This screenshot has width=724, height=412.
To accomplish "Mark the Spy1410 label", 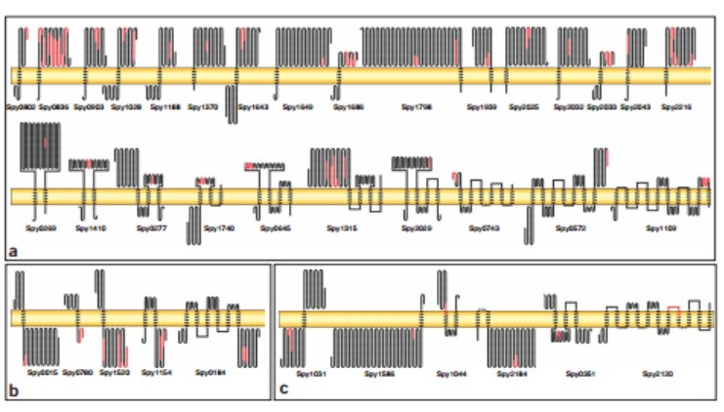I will click(x=91, y=227).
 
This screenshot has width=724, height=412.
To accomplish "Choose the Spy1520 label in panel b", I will click(x=114, y=372).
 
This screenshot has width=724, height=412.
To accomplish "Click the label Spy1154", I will click(x=156, y=372).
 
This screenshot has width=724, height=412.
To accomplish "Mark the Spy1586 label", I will click(x=379, y=373).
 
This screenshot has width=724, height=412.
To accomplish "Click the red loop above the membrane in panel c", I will click(x=672, y=309).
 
